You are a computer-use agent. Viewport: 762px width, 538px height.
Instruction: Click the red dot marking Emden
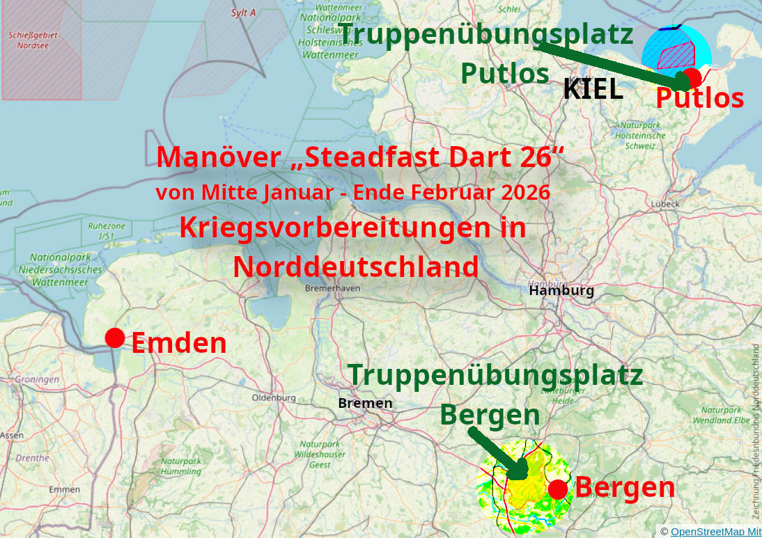[115, 338]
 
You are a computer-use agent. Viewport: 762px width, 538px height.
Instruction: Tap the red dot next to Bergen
[557, 489]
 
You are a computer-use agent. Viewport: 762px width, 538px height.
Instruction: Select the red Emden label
[179, 343]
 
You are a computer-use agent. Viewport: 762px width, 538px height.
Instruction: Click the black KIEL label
[593, 89]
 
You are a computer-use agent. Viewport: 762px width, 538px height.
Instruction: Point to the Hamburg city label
[561, 290]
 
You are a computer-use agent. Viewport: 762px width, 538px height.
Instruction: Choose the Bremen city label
[365, 403]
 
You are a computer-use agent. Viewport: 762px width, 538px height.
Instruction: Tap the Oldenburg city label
[274, 397]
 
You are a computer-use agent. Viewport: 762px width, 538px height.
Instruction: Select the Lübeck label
[664, 204]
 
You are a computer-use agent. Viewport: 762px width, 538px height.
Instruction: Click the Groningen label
[37, 379]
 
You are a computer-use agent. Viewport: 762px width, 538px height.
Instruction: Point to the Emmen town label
[64, 489]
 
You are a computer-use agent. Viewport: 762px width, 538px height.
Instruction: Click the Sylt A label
[243, 13]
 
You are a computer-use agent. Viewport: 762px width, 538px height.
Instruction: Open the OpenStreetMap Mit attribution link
[715, 531]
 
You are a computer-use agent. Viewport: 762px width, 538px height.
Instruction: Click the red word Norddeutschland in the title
[355, 267]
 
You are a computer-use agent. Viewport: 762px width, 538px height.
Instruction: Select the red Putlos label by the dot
[699, 99]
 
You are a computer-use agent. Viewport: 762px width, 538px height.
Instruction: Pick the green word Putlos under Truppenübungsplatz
[504, 72]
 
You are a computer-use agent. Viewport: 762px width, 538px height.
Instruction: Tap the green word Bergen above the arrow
[490, 415]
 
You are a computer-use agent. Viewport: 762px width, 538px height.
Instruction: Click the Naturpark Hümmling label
[181, 466]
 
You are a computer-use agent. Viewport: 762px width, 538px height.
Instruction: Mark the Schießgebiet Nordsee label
[33, 40]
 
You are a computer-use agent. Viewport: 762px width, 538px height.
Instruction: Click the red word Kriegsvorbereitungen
[352, 228]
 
